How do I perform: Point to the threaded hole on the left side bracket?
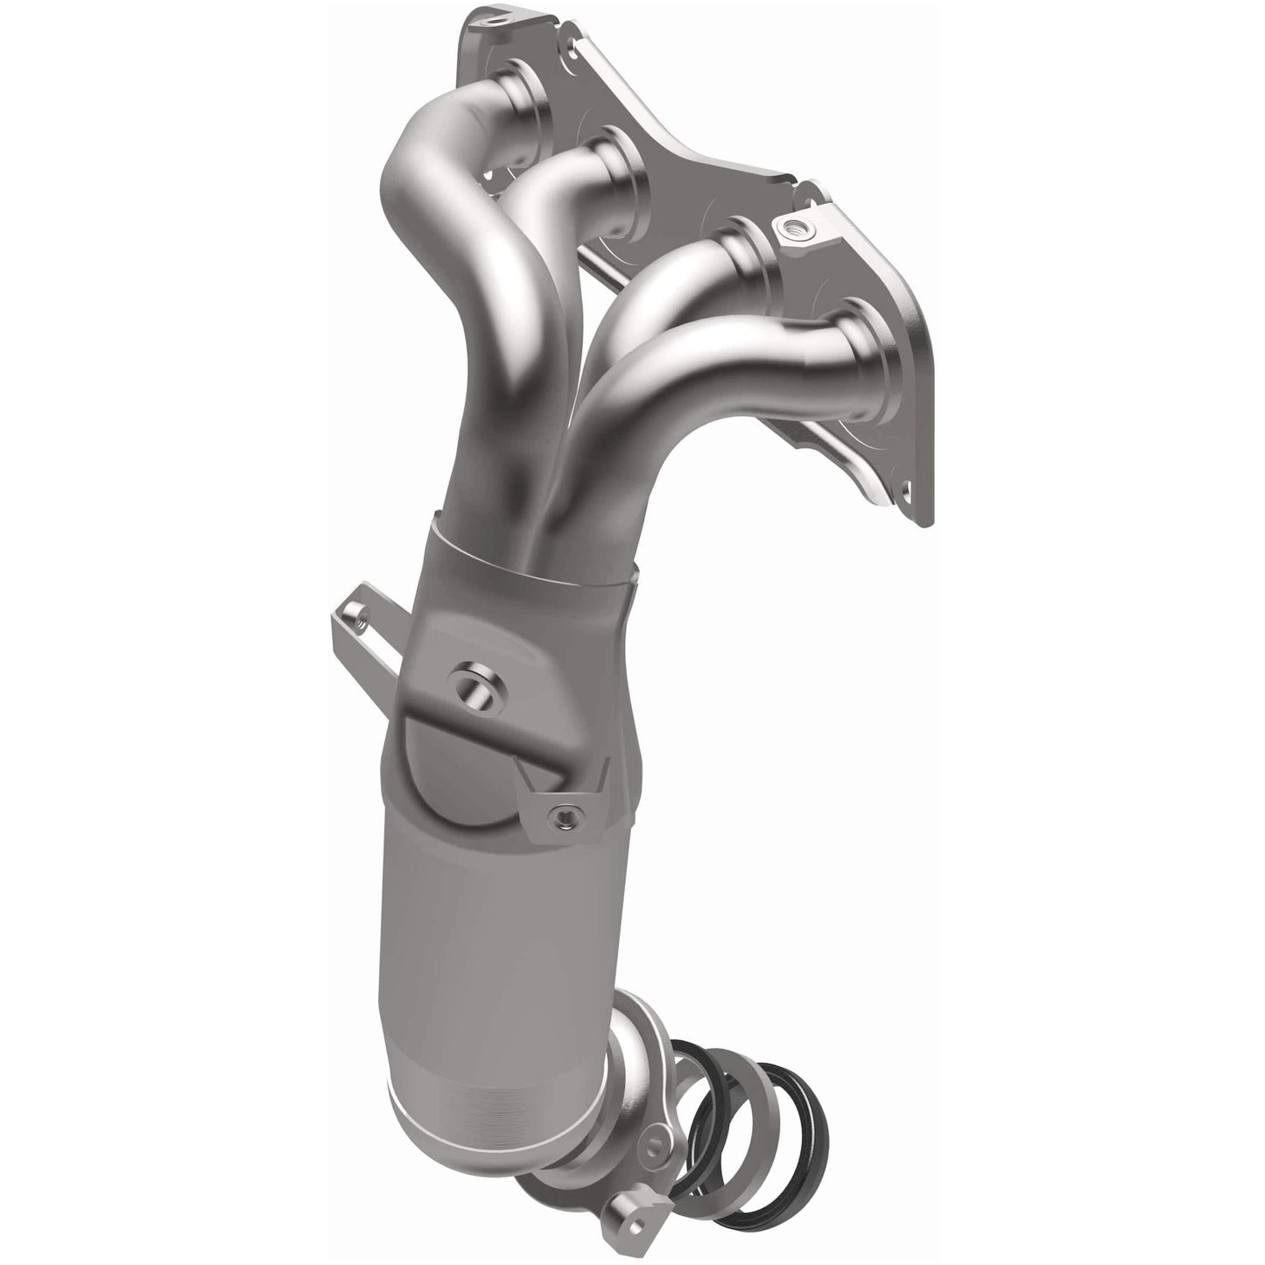pyautogui.click(x=357, y=622)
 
